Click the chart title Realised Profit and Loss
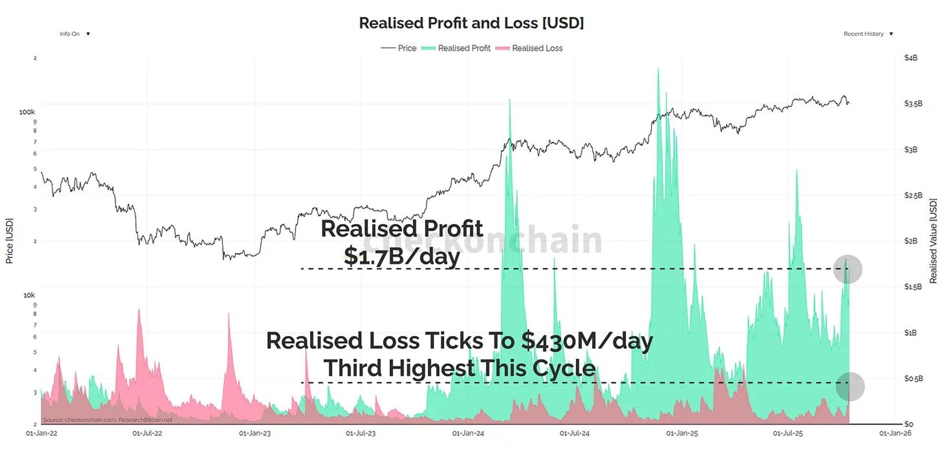pyautogui.click(x=471, y=23)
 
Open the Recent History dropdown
pyautogui.click(x=868, y=34)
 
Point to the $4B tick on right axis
pyautogui.click(x=911, y=58)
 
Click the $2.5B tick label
pyautogui.click(x=913, y=195)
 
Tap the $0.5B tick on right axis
pyautogui.click(x=913, y=378)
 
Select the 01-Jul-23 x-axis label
pyautogui.click(x=361, y=433)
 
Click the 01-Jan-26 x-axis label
pyautogui.click(x=895, y=433)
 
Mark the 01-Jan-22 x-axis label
pyautogui.click(x=42, y=433)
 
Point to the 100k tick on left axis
pyautogui.click(x=27, y=112)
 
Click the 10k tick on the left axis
pyautogui.click(x=29, y=295)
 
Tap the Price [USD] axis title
pyautogui.click(x=9, y=241)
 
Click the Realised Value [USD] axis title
pyautogui.click(x=933, y=241)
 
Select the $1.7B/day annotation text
pyautogui.click(x=401, y=256)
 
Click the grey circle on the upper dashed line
pyautogui.click(x=847, y=269)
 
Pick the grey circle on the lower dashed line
pyautogui.click(x=850, y=387)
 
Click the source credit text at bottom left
pyautogui.click(x=107, y=420)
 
